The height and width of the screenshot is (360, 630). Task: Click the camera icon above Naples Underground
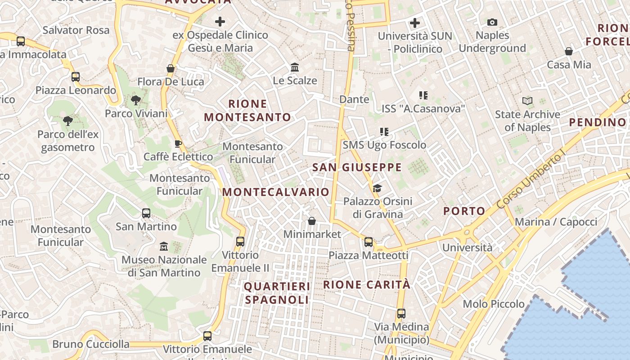(492, 22)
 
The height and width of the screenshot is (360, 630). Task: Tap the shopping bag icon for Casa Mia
(569, 51)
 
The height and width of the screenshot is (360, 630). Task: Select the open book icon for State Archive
(527, 101)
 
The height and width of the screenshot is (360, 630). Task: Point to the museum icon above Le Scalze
(295, 67)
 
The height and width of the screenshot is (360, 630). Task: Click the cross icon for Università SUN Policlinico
(415, 22)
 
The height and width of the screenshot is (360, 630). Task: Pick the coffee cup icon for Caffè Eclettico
(178, 144)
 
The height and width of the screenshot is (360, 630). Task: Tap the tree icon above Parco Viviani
(135, 100)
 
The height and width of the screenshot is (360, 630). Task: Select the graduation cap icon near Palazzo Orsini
(377, 188)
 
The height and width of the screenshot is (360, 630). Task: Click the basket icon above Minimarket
(311, 221)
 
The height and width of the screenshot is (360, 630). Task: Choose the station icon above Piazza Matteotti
(369, 242)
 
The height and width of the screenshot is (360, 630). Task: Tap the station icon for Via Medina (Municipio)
(401, 313)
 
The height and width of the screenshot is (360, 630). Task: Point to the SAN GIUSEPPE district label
(357, 167)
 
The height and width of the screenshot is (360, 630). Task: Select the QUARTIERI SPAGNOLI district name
(277, 293)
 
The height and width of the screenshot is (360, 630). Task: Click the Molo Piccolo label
(494, 304)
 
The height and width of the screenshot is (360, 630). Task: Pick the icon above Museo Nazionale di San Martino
(164, 246)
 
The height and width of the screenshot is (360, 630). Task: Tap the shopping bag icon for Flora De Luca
(171, 68)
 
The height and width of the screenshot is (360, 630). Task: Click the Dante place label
(354, 99)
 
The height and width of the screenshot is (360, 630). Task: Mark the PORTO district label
(464, 211)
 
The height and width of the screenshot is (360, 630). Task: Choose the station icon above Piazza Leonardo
(76, 77)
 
